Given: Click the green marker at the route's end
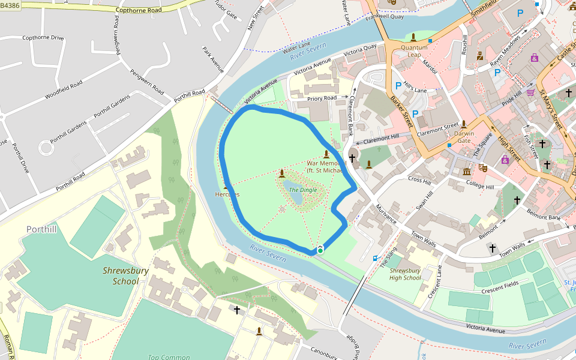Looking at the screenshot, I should tap(320, 250).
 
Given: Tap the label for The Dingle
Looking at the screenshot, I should tap(302, 190).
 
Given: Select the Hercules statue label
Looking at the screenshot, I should tap(227, 194).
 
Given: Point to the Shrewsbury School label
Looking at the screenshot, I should tap(121, 275).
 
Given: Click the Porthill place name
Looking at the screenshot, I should tap(42, 229).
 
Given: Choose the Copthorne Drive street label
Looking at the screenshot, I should tap(43, 38).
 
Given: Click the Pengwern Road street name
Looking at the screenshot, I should tap(147, 81).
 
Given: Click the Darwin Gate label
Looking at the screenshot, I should tap(463, 137).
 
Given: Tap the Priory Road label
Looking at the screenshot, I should tap(322, 98).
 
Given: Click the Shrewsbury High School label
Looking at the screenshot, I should tap(405, 274).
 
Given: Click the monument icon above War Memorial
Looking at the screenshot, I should tap(326, 154).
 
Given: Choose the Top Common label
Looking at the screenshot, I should tap(169, 357).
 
